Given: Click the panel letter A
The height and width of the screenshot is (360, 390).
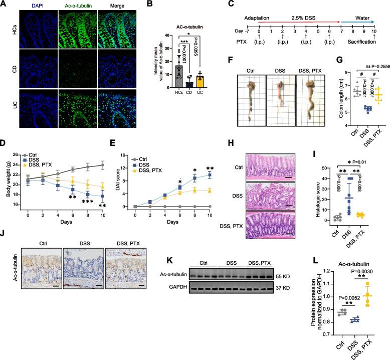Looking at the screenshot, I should coord(4,4).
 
